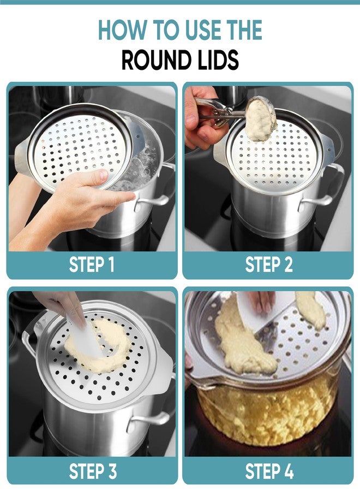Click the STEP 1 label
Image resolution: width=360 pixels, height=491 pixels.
92,265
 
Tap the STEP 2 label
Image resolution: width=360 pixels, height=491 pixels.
269,265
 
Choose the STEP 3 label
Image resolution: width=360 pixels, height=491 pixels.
93,471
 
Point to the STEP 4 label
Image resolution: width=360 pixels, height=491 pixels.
269,471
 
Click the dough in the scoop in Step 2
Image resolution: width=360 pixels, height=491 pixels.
260,119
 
